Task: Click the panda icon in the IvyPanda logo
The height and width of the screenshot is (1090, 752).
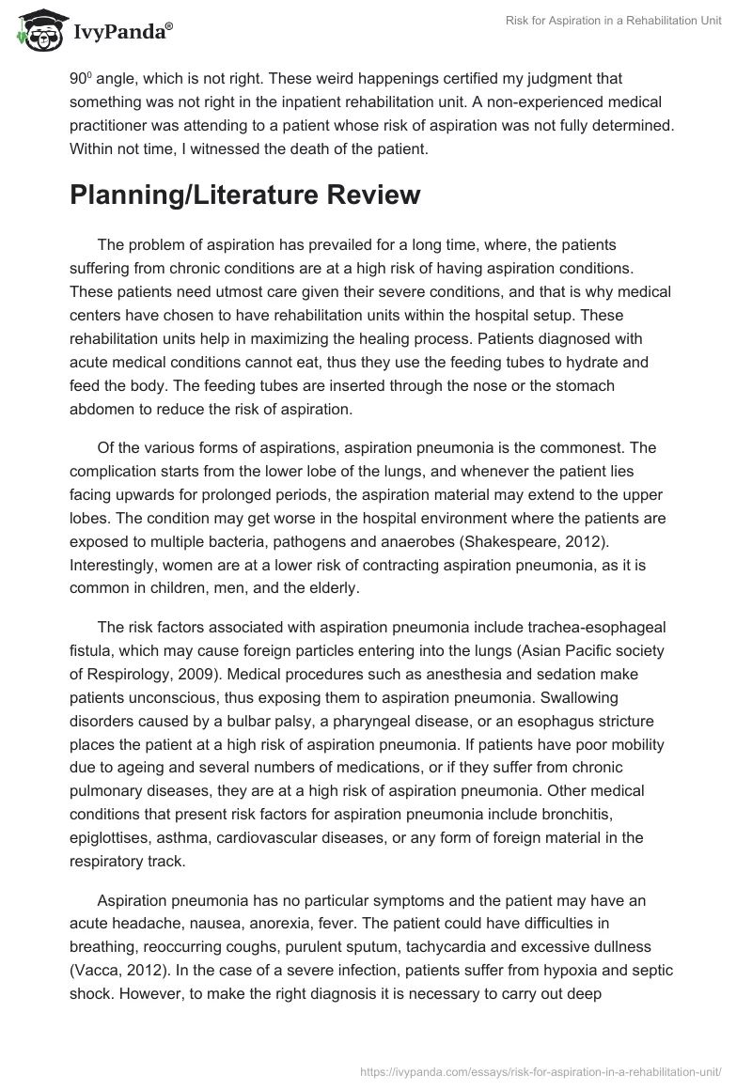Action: [x=39, y=30]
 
